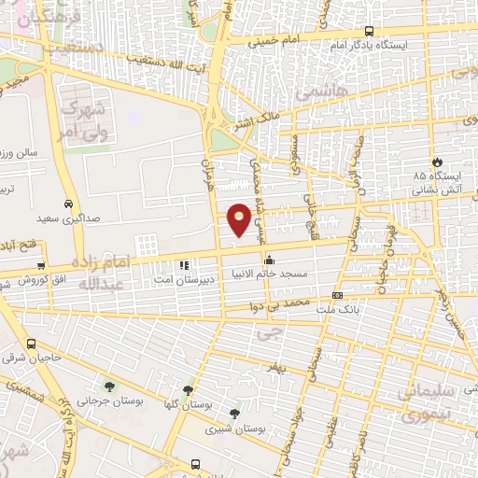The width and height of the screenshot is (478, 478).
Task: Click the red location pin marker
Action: point(240,218)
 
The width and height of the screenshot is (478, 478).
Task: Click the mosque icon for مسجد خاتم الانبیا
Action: point(270,260)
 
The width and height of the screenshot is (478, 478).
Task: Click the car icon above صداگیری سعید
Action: point(68,204)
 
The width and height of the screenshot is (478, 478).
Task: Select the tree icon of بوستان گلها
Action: point(189,390)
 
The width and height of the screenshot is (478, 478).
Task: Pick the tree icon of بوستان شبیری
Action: point(233,413)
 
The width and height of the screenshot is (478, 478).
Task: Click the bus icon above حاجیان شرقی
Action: point(32,343)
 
